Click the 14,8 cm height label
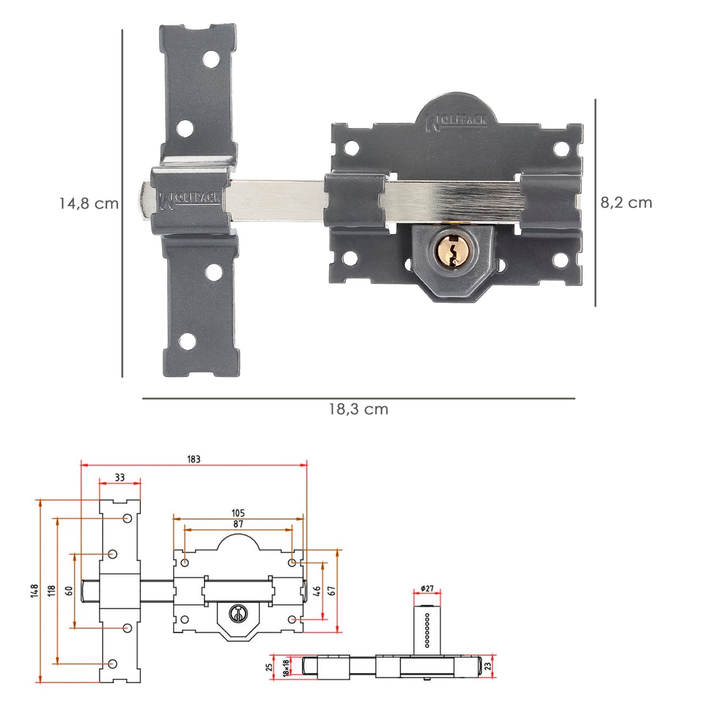tap(89, 203)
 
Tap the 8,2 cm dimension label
tap(626, 203)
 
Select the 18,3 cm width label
tap(359, 409)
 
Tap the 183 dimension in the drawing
tap(194, 459)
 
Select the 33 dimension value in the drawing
tap(120, 477)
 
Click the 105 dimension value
tap(238, 513)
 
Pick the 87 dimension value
tap(238, 524)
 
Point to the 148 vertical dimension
tap(34, 590)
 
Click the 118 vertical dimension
tap(51, 590)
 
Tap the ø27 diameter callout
tap(427, 588)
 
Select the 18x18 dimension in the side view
tap(286, 668)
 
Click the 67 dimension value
tap(332, 590)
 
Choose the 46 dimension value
tap(317, 590)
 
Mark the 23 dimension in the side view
tap(488, 667)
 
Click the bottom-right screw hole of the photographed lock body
tap(561, 259)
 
